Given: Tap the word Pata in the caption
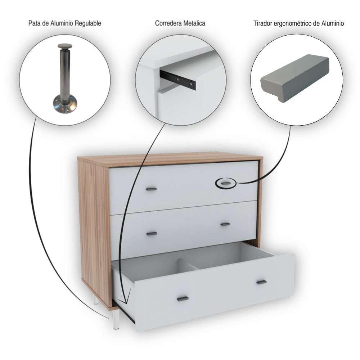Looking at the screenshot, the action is coord(33,23).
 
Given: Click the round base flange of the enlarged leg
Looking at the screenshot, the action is coord(65,105).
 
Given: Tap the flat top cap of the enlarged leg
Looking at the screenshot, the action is coord(65,46).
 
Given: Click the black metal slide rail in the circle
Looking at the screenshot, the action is coord(178,80).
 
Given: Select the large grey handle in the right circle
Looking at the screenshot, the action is coord(295,78).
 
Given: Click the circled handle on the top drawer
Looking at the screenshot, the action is coord(225,183).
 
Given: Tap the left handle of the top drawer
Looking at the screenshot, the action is coord(152,189).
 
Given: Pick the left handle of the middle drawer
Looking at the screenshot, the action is coord(152,234).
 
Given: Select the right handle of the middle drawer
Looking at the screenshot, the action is coord(225,224).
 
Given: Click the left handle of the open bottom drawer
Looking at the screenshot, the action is coord(183,299).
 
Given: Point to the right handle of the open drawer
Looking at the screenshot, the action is coord(261,282).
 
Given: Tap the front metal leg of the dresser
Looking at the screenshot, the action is coord(116,320).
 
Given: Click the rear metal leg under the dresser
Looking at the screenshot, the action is coord(96,300).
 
